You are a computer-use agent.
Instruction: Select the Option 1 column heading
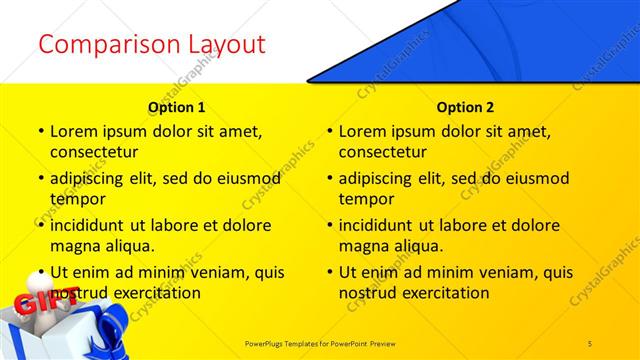coord(176,106)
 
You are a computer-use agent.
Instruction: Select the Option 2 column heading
coord(465,106)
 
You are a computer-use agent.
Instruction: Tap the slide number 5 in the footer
coord(590,343)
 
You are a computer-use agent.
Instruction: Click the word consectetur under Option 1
coord(94,152)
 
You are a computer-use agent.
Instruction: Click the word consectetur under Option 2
coord(383,152)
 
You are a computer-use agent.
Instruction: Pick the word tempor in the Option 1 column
coord(76,199)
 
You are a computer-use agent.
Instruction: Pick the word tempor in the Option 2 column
coord(365,199)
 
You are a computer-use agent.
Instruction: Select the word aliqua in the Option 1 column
coord(129,246)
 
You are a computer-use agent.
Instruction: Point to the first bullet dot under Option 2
coord(329,131)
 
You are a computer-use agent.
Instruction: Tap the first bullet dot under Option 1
coord(40,131)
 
